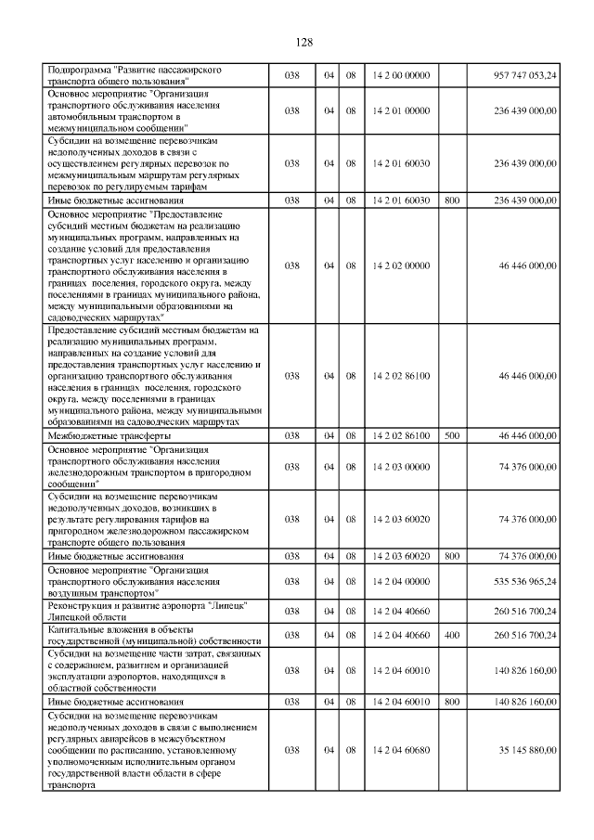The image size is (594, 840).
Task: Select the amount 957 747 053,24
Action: click(x=524, y=75)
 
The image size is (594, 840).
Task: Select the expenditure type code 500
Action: click(x=451, y=435)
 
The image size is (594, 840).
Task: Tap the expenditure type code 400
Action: click(x=451, y=636)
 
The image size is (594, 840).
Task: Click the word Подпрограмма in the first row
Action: click(x=79, y=70)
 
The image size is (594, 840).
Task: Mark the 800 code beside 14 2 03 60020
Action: click(x=451, y=555)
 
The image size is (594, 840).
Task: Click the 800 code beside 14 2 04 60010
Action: click(x=451, y=703)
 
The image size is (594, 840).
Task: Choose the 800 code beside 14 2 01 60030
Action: click(x=451, y=200)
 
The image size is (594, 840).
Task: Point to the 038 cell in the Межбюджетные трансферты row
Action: click(x=292, y=435)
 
